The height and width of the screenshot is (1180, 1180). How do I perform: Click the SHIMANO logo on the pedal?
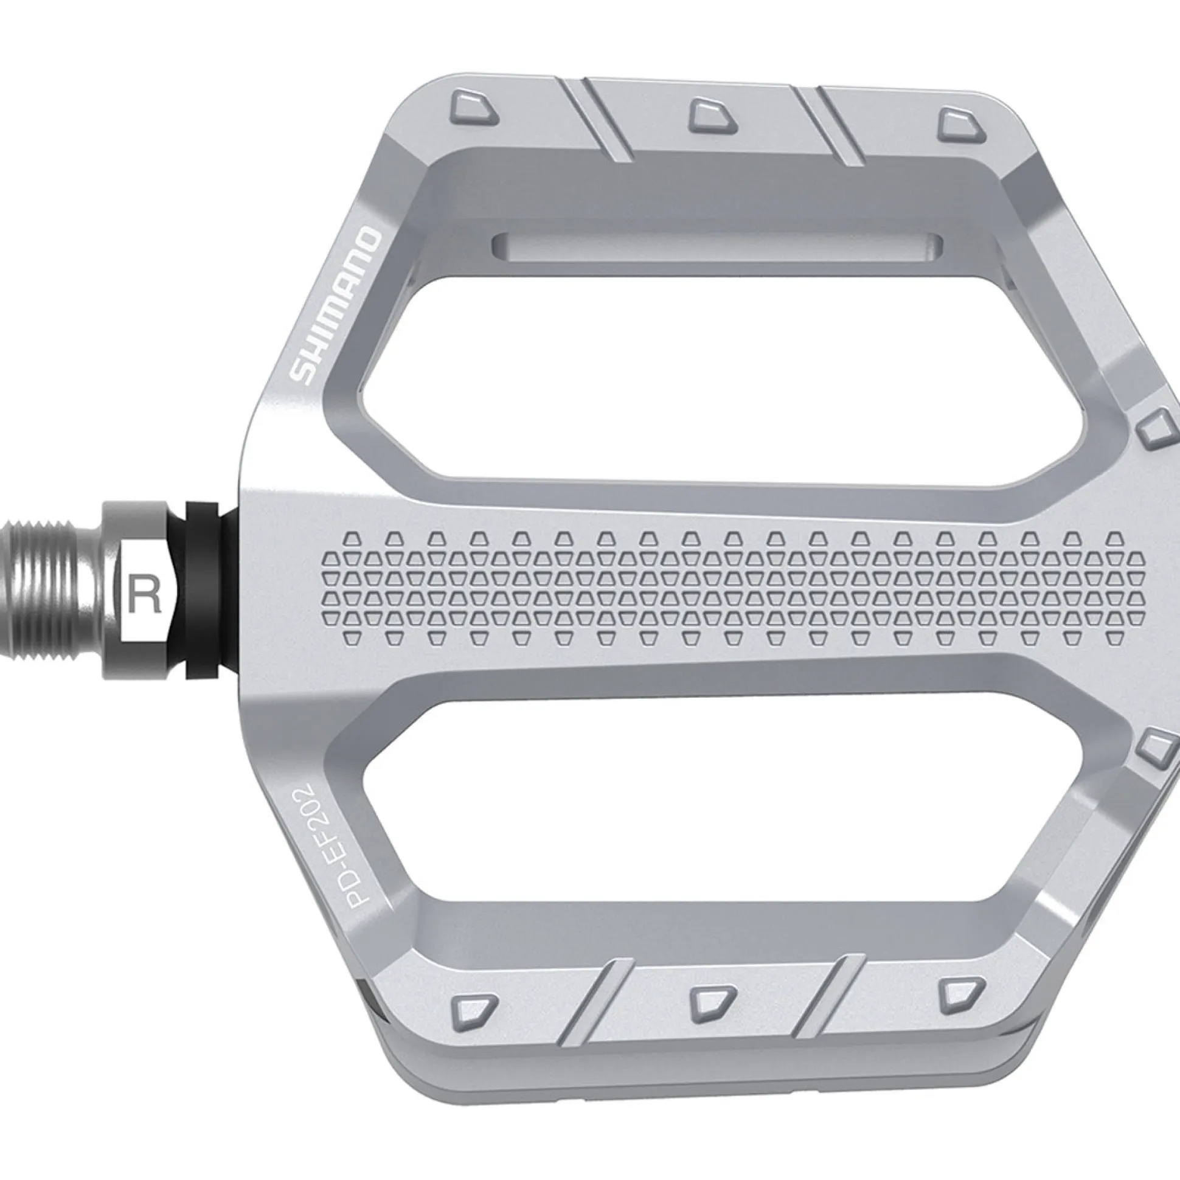point(335,306)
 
